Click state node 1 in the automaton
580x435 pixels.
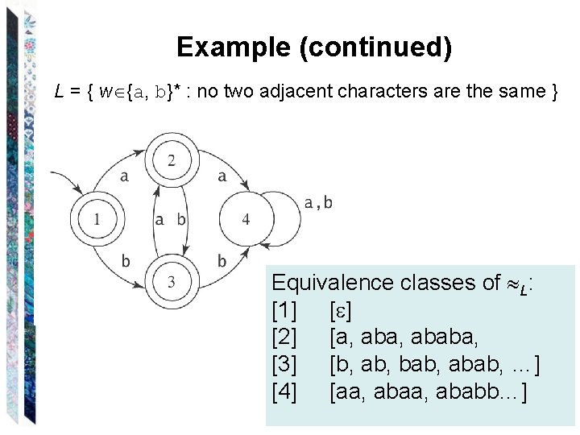[97, 218]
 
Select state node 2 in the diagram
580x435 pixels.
[172, 162]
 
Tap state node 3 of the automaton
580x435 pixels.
[172, 281]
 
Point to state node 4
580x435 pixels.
[246, 218]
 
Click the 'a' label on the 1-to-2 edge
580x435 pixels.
[124, 177]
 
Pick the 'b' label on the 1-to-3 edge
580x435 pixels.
[125, 260]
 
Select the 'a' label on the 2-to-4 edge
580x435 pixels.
[222, 176]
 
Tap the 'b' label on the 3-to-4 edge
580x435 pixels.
[222, 261]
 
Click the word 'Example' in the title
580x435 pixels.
[233, 48]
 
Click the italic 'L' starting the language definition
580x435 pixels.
[59, 91]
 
